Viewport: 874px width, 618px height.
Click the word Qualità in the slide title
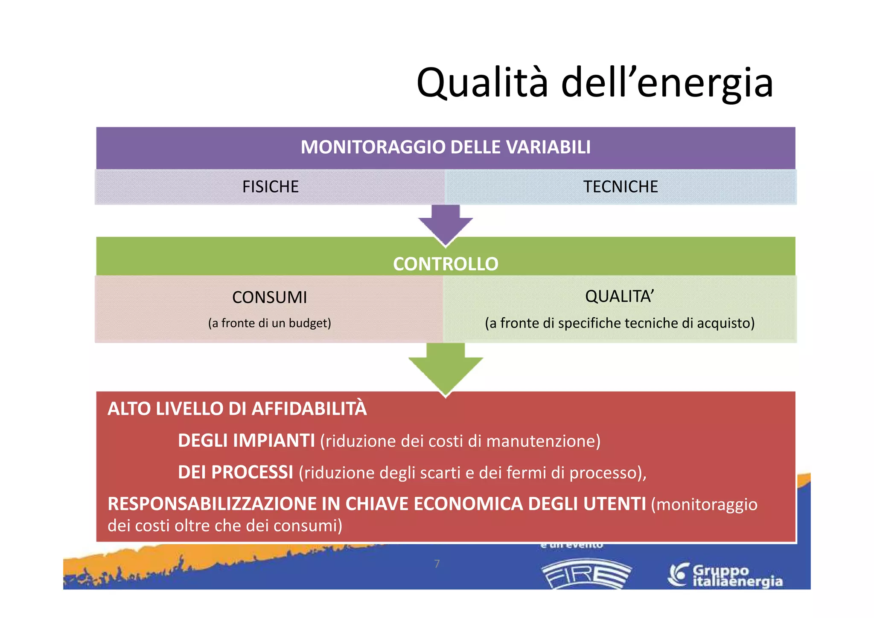pyautogui.click(x=482, y=83)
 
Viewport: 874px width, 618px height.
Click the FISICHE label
pyautogui.click(x=270, y=187)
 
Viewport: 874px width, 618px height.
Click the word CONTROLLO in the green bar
pyautogui.click(x=446, y=264)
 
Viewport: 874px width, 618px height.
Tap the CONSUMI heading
pyautogui.click(x=269, y=297)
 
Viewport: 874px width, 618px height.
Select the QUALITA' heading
pyautogui.click(x=619, y=296)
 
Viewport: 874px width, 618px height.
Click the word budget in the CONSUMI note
pyautogui.click(x=309, y=323)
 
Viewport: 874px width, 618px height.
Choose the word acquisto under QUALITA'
pyautogui.click(x=725, y=323)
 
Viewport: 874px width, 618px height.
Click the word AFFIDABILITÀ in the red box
pyautogui.click(x=309, y=409)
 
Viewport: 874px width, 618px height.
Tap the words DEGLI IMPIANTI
pyautogui.click(x=246, y=441)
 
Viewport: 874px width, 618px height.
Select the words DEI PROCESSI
pyautogui.click(x=235, y=472)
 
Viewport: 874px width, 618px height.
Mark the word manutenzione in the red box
pyautogui.click(x=543, y=441)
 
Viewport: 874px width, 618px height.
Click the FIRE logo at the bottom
pyautogui.click(x=586, y=574)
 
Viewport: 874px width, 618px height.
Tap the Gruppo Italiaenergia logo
pyautogui.click(x=725, y=575)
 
